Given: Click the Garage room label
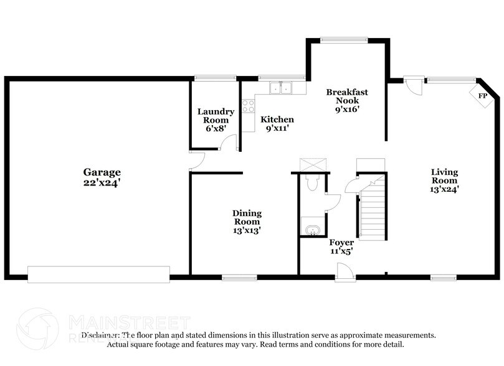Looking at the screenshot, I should coord(102,172).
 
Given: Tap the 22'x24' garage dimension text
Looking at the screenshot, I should coord(102,183).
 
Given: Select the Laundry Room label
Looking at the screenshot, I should coord(216,116).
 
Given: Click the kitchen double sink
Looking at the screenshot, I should coord(281,88).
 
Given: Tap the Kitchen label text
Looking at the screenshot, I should coord(277,120).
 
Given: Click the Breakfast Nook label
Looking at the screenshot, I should coord(347,96).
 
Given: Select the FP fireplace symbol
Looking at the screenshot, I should coord(482,96).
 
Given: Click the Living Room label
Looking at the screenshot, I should coord(445,176).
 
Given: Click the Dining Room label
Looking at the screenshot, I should coord(247,217).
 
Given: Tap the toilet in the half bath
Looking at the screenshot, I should coord(311,182).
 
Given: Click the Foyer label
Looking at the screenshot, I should coord(341,243).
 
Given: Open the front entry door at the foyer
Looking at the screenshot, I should coord(343,271).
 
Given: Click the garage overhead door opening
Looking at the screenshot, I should coord(98,274).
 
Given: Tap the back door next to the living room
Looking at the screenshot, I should coord(411,83).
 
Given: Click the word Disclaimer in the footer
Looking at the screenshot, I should coord(103,335).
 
